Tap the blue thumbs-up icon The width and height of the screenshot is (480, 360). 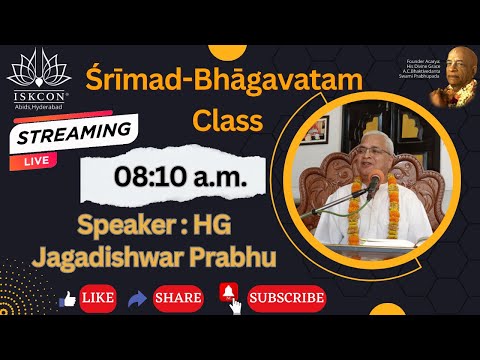coord(68,298)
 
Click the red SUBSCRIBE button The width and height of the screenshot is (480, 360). coord(287,298)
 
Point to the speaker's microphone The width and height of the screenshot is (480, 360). coord(371,186)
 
